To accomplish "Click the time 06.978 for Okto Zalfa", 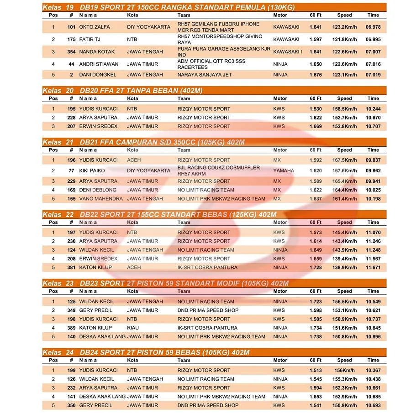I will (373, 27).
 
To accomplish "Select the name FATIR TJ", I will (90, 40).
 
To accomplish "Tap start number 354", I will (71, 52).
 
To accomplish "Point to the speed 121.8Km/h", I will (344, 40).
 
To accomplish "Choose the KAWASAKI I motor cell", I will (287, 52).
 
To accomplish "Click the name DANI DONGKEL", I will (98, 75).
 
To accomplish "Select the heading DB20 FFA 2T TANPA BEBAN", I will (141, 91).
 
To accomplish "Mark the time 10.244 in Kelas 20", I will (373, 109).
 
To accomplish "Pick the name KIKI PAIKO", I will (92, 170).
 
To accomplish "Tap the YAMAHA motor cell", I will (284, 170).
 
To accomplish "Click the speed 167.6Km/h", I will (344, 170).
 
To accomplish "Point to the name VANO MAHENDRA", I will (101, 199).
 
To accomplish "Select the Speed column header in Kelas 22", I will (344, 222).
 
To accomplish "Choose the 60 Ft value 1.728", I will (316, 268).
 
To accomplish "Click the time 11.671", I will (373, 268).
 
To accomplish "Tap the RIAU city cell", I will (133, 328).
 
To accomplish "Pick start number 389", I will (71, 328).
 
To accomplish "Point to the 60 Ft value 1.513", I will (316, 371).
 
